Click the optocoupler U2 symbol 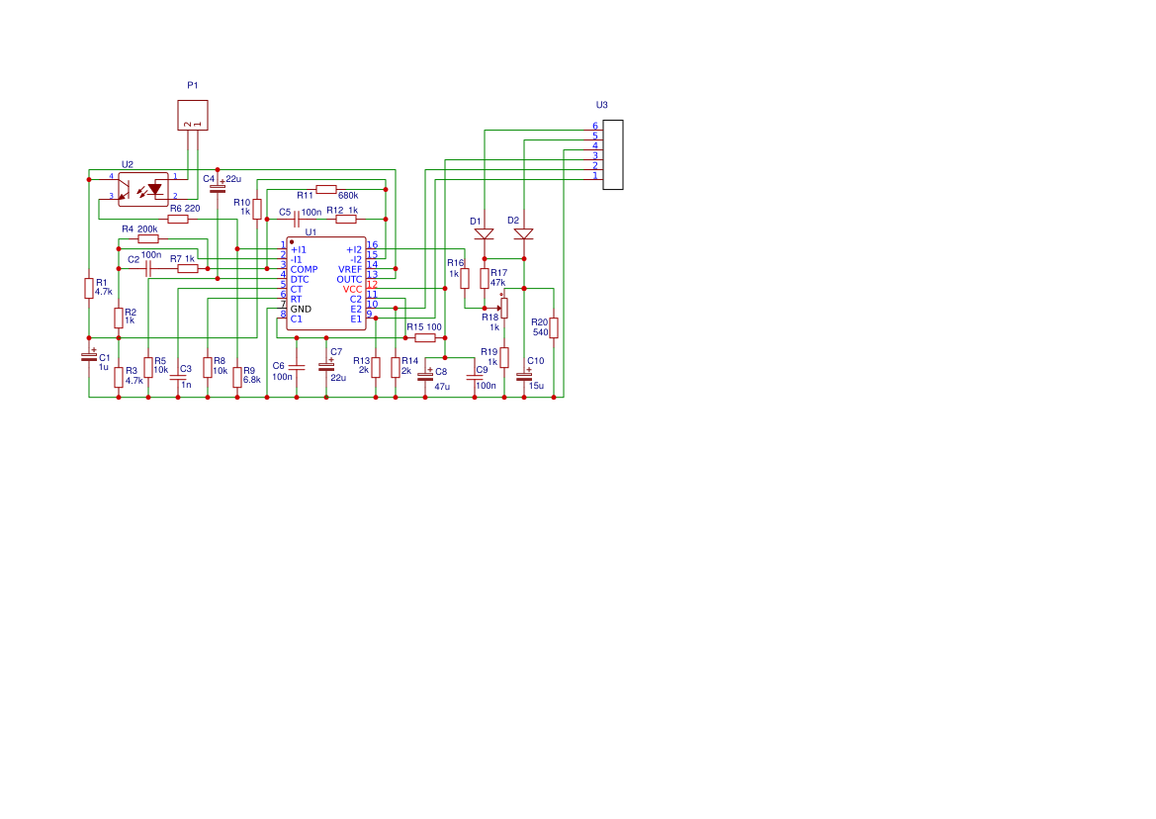(x=143, y=188)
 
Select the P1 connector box (x=193, y=115)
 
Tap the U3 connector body (x=613, y=154)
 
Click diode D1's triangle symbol (x=484, y=234)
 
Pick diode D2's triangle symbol (x=523, y=234)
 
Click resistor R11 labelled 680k (x=326, y=189)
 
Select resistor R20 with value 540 (x=553, y=327)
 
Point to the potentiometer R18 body (x=503, y=309)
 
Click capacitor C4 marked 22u (x=218, y=186)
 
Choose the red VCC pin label (x=352, y=289)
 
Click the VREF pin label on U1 (x=350, y=269)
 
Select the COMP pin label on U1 (x=304, y=269)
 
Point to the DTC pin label (x=300, y=279)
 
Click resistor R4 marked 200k (x=147, y=238)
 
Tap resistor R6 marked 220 (x=178, y=219)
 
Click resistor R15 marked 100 (x=424, y=337)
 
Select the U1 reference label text (x=311, y=232)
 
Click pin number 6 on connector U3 (x=595, y=127)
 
